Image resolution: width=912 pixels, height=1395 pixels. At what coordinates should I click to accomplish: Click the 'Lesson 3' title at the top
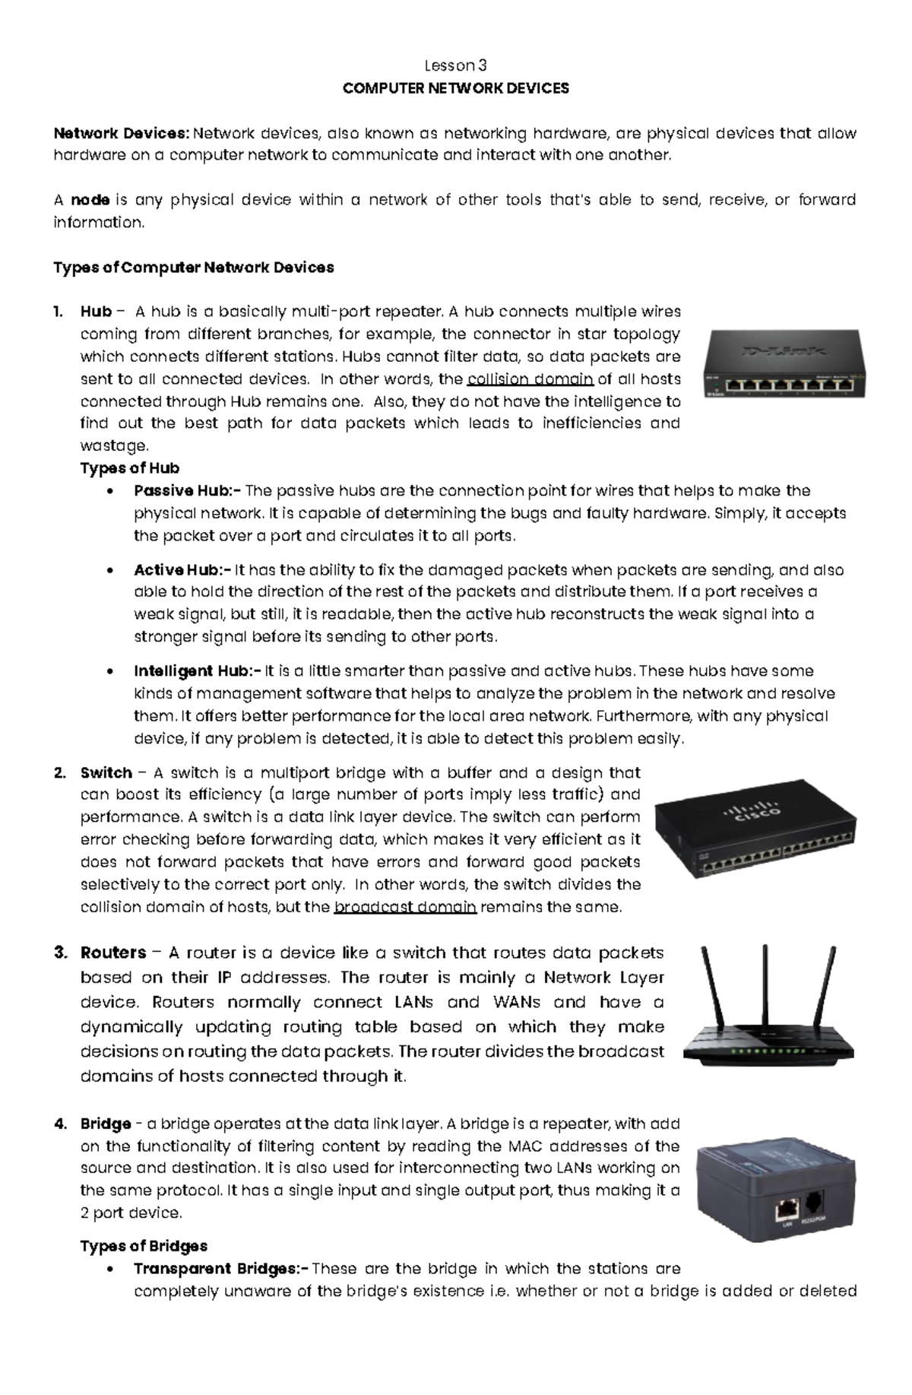455,65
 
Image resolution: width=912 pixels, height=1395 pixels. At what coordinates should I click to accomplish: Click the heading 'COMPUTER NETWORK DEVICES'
455,88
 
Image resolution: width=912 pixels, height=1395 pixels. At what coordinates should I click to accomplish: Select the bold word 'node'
90,200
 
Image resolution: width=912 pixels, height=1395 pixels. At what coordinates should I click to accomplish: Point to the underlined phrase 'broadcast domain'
405,907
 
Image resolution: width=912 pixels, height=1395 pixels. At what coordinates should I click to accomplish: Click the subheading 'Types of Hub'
130,468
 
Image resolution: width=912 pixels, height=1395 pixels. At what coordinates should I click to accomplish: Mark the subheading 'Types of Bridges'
144,1246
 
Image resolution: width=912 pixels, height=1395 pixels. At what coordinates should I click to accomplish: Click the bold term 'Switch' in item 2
106,773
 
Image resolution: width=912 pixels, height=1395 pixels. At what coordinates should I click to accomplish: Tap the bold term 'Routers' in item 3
113,953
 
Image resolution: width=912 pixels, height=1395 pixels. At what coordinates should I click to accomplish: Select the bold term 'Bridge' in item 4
106,1124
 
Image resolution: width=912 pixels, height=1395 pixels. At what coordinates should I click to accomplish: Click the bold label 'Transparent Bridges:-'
221,1269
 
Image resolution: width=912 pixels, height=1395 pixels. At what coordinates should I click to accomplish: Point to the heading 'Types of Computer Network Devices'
194,268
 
